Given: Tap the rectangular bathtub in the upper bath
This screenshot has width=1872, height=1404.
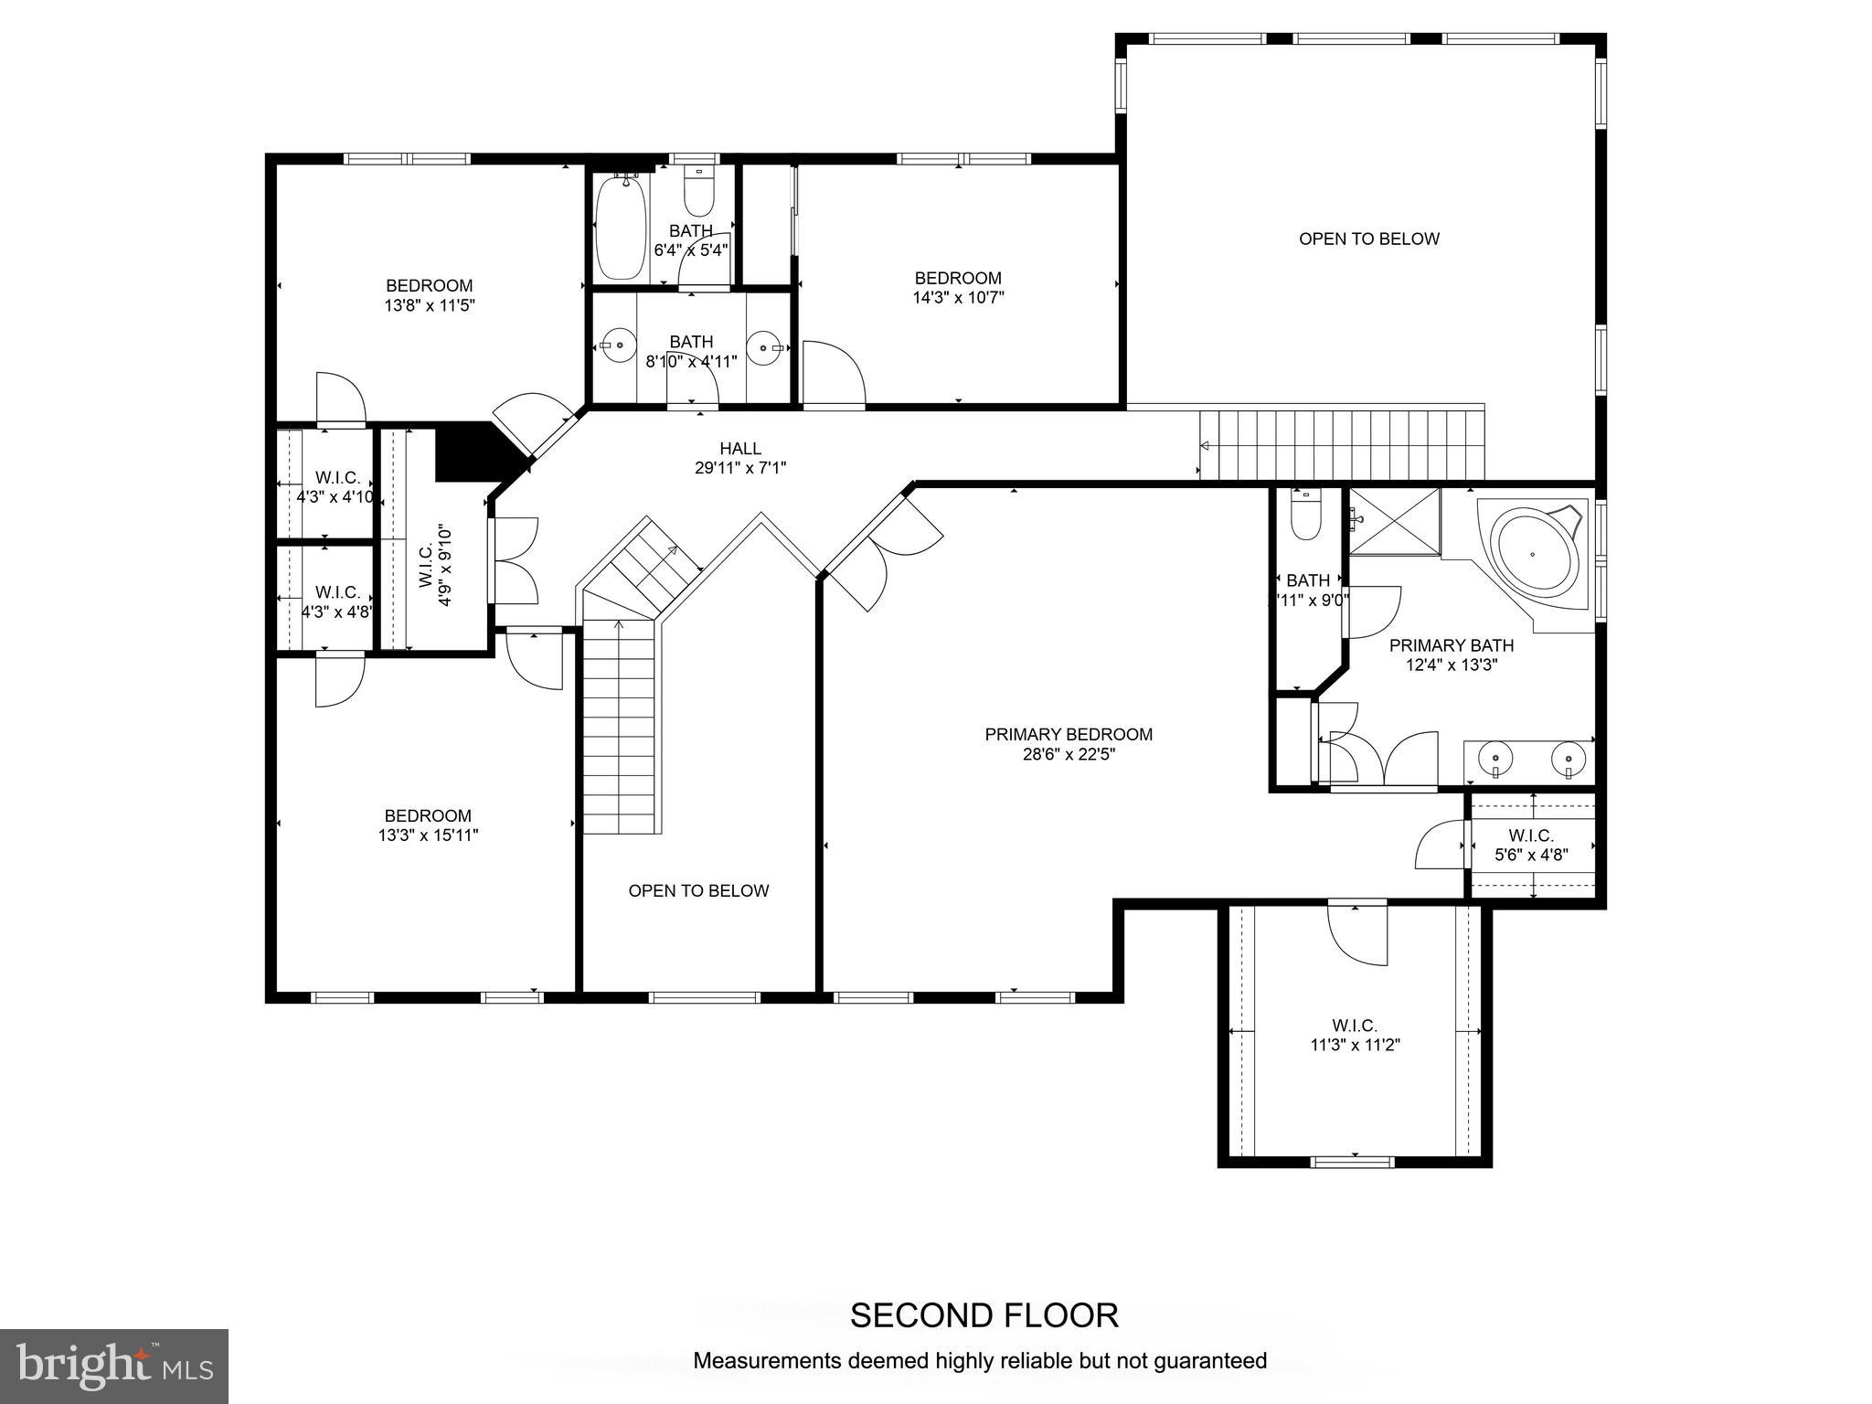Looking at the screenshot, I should (x=620, y=227).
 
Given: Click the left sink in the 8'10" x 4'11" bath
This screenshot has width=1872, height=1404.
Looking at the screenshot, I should (x=619, y=346).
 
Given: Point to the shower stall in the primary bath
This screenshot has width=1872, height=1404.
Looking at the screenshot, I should (x=1394, y=521).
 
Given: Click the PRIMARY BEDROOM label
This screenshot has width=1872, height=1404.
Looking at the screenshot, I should (x=1068, y=734).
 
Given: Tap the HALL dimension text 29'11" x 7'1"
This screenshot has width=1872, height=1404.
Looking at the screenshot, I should (x=739, y=468).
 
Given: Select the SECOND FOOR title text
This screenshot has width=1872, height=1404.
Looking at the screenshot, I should (x=984, y=1315).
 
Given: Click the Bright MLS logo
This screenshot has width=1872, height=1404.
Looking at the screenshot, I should (x=113, y=1366).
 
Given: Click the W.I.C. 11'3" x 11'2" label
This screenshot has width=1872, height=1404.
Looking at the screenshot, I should (x=1355, y=1036).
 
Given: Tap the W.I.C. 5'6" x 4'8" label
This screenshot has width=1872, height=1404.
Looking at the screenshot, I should (x=1531, y=846).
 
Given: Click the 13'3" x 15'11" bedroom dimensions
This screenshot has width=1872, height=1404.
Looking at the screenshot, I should (x=428, y=835).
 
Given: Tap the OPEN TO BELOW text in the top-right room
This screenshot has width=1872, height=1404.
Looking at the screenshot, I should (x=1368, y=239).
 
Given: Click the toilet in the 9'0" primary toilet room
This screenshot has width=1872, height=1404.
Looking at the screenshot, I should (x=1303, y=518).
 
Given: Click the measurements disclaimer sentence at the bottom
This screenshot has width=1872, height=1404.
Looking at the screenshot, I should (x=980, y=1361).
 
